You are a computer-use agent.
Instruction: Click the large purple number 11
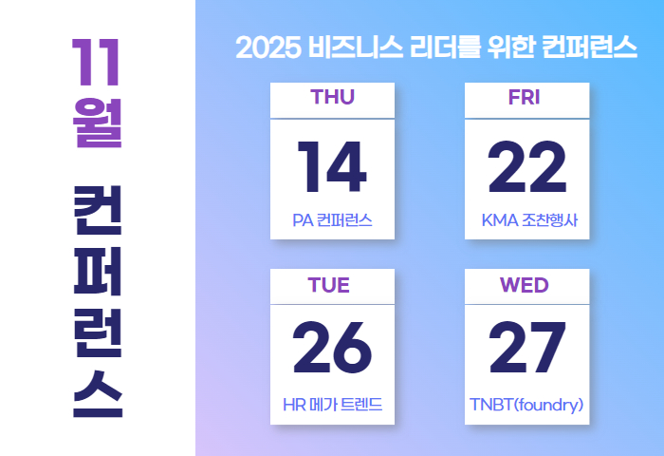(97, 63)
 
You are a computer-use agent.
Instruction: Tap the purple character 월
(98, 123)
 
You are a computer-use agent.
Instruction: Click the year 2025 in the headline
(268, 47)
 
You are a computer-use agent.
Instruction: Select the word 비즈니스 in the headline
(356, 47)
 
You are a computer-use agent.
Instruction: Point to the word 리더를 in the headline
(445, 47)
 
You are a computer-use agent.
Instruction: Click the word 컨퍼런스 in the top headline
(589, 47)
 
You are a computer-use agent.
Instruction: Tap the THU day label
(332, 97)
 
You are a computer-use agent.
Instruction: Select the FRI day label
(525, 97)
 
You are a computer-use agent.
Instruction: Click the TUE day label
(328, 285)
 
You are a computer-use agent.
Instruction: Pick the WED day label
(525, 285)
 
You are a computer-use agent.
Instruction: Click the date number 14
(332, 167)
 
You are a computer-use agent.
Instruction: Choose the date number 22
(527, 167)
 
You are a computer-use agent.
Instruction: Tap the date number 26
(332, 348)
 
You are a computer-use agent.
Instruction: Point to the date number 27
(527, 348)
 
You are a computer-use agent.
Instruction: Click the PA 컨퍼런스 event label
(332, 220)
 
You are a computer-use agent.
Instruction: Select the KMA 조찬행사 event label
(529, 220)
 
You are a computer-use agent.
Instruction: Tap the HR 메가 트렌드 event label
(332, 405)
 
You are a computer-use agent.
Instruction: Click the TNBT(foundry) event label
(526, 405)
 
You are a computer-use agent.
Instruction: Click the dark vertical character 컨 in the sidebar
(98, 210)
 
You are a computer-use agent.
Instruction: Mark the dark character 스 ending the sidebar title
(98, 394)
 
